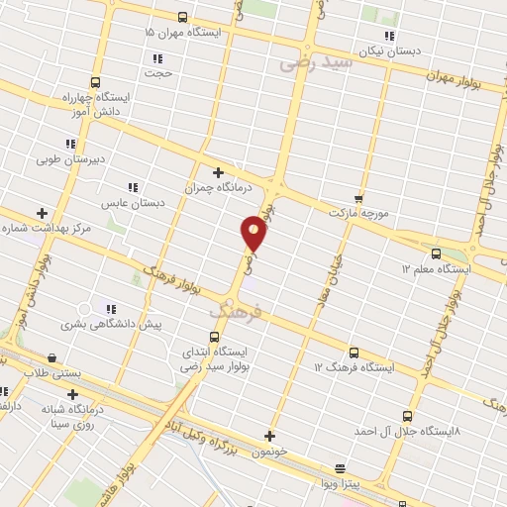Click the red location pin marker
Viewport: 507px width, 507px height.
253,234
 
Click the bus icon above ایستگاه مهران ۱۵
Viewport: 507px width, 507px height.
182,17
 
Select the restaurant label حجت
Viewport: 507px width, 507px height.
158,73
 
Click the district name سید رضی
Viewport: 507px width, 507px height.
316,62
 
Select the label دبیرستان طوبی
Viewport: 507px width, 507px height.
71,158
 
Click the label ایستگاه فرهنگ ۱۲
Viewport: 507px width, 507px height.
354,367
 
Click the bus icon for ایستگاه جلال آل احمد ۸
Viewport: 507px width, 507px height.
407,417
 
